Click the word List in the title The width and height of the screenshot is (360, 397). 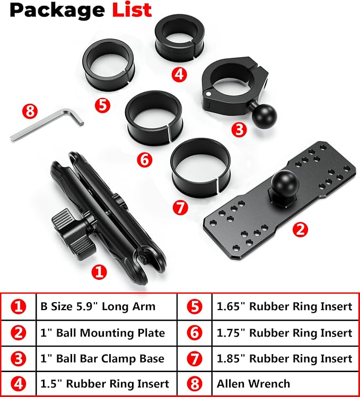point(131,10)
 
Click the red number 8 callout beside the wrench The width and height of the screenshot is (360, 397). point(30,111)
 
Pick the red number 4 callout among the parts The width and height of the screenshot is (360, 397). point(179,74)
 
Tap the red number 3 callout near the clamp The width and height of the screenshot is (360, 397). point(239,130)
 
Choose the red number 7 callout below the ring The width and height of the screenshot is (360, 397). point(180,207)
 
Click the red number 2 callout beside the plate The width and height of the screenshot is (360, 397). point(301,230)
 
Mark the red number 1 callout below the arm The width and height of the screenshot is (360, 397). point(99,272)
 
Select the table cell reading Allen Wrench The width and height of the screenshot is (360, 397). point(285,383)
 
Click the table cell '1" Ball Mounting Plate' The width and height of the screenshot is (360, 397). point(107,333)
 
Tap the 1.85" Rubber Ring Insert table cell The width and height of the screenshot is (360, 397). point(285,358)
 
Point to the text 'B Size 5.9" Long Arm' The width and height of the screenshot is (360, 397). point(98,306)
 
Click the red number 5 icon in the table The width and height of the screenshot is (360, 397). point(195,306)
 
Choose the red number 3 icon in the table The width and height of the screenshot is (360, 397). point(19,359)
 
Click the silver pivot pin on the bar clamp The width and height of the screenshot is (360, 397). point(208,94)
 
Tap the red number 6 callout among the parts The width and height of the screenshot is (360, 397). point(145,160)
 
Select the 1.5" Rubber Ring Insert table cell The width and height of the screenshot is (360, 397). point(107,383)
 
